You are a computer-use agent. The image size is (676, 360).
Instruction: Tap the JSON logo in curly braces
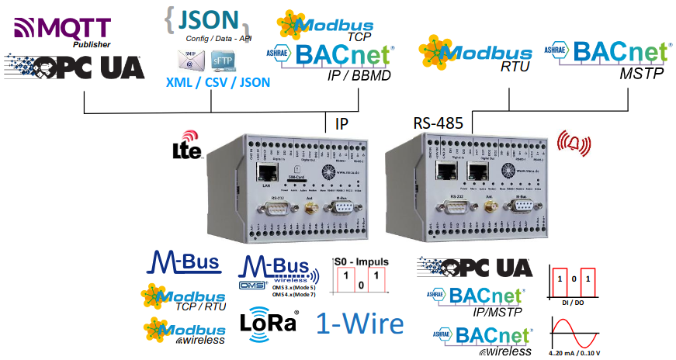point(209,21)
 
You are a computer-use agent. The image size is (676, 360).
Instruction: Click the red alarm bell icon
point(574,144)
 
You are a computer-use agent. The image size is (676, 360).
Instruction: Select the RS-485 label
point(438,123)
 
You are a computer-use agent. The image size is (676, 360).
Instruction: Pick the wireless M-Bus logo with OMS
point(279,274)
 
